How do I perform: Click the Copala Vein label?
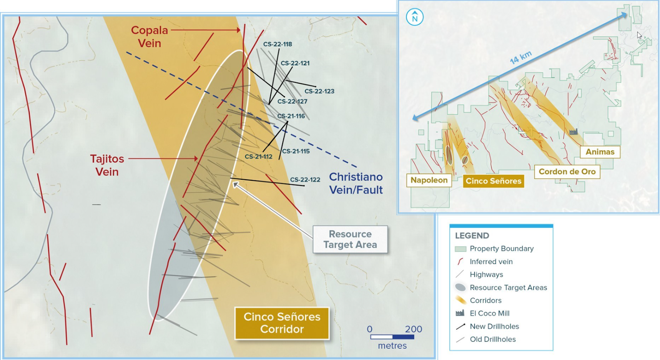[x=149, y=37]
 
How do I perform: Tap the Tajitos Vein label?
[x=107, y=165]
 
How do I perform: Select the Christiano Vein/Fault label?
[x=356, y=183]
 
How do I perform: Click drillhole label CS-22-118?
[x=278, y=44]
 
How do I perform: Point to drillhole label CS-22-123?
[x=319, y=91]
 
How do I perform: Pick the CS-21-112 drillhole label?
[x=258, y=157]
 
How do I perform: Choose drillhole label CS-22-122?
[x=305, y=180]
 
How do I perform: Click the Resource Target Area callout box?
[x=350, y=239]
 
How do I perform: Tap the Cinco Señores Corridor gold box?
[x=282, y=323]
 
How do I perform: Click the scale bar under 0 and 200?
[x=392, y=337]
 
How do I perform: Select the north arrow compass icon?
[x=415, y=17]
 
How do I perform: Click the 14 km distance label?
[x=521, y=57]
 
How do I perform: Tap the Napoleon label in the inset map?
[x=429, y=180]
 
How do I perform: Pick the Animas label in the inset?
[x=600, y=152]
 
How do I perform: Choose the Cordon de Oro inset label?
[x=567, y=172]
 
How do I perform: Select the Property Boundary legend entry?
[x=495, y=249]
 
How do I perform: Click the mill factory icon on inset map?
[x=573, y=132]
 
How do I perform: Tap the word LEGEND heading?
[x=472, y=236]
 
